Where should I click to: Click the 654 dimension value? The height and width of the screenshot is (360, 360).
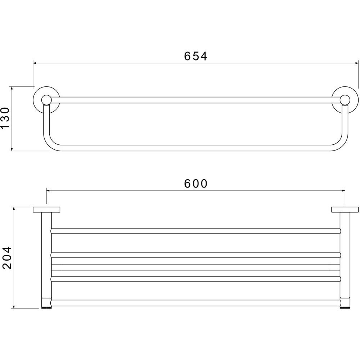coord(195,56)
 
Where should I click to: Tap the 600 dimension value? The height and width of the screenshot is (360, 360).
coord(196,184)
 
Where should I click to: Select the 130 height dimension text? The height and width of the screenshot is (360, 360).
coord(5,118)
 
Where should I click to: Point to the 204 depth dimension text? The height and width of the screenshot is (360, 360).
coord(6,258)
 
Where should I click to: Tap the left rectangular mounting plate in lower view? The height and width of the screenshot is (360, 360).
coord(46,210)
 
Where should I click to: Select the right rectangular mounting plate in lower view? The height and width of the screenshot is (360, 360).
coord(345,210)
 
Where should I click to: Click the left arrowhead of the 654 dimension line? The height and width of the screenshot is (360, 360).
coord(35,63)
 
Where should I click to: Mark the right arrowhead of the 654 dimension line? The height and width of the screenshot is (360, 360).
coord(356,63)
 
